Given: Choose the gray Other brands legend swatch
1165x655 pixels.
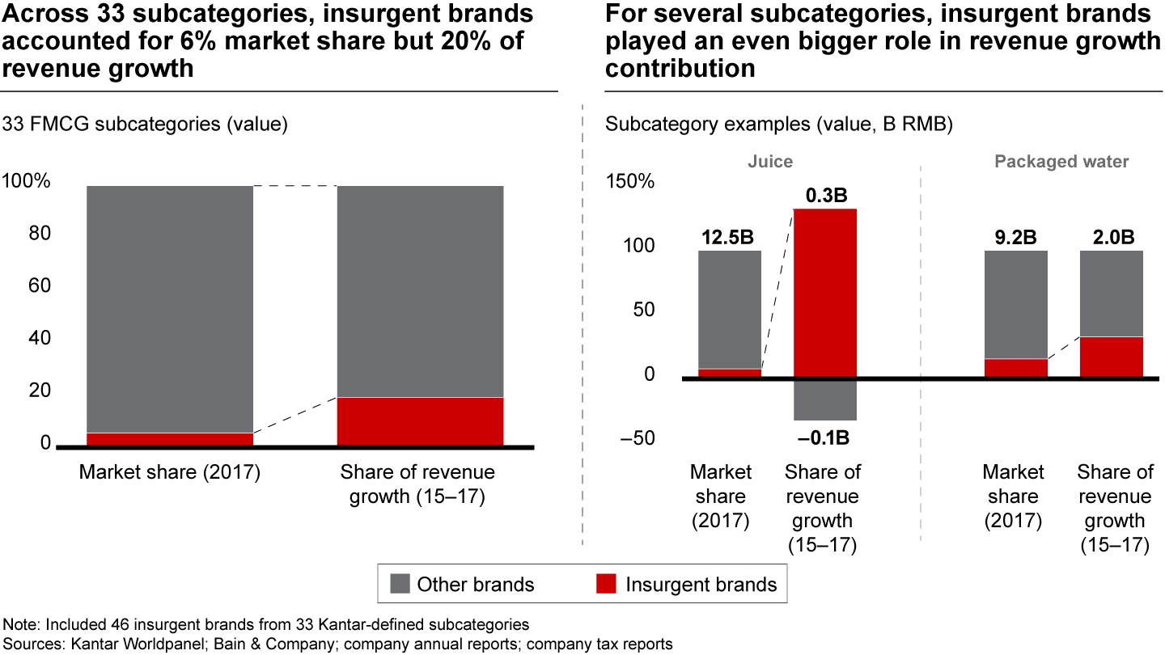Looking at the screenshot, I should pyautogui.click(x=400, y=584).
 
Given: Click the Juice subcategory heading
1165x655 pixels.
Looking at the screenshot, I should pyautogui.click(x=769, y=162).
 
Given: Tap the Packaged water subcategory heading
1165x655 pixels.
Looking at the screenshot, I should pyautogui.click(x=1061, y=162).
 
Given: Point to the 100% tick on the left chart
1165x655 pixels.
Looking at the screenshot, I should pyautogui.click(x=27, y=181).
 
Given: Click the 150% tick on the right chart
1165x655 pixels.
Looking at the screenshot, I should pyautogui.click(x=629, y=181).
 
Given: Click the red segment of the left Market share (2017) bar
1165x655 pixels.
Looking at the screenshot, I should pyautogui.click(x=170, y=439).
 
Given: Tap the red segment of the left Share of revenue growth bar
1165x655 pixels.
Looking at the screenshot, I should pyautogui.click(x=420, y=420).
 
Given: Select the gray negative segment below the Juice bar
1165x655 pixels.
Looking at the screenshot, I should pyautogui.click(x=824, y=399).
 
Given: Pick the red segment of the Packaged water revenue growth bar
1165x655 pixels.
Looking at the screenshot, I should pyautogui.click(x=1111, y=357).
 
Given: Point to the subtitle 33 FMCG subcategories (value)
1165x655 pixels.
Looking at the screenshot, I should pyautogui.click(x=146, y=124).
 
